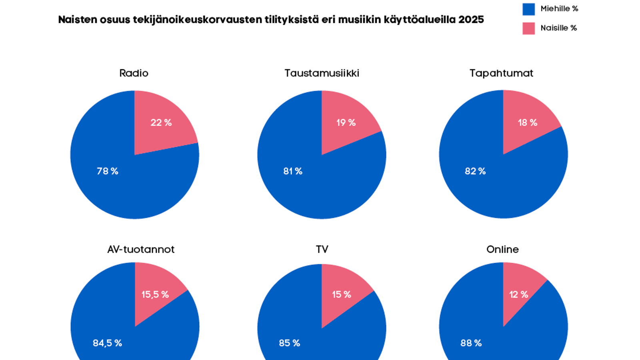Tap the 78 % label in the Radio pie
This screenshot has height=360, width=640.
(x=107, y=171)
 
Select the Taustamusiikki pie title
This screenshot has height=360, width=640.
(x=322, y=73)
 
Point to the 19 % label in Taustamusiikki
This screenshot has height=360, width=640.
(x=346, y=122)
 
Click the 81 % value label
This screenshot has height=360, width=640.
(x=292, y=171)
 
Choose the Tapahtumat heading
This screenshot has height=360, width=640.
(x=501, y=73)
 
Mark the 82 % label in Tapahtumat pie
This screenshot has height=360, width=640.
(x=475, y=171)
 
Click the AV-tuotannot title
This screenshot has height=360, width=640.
(x=141, y=250)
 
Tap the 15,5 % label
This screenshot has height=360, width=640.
(x=155, y=295)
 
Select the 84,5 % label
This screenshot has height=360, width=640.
(x=107, y=343)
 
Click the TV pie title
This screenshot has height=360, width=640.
(x=322, y=250)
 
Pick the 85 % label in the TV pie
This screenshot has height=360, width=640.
(x=289, y=343)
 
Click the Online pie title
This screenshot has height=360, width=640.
(x=502, y=250)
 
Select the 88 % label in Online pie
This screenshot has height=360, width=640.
(x=471, y=343)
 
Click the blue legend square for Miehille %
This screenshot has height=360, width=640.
(x=528, y=9)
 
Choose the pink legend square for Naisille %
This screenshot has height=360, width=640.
(x=528, y=28)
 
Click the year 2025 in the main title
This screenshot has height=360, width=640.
(x=471, y=20)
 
